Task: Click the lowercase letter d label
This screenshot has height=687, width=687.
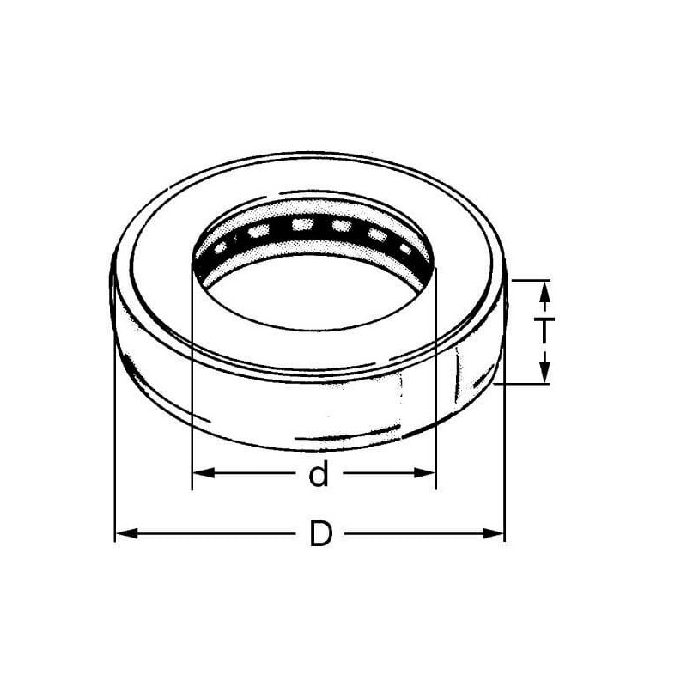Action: tap(319, 473)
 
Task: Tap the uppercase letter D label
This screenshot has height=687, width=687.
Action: tap(320, 533)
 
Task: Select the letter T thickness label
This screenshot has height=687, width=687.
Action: tap(544, 331)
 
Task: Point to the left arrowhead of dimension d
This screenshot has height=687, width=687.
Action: tap(204, 473)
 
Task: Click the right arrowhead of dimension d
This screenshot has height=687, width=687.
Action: tap(424, 473)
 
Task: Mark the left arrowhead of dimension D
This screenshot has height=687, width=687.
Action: tap(126, 533)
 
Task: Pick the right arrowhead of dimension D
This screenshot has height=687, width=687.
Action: tap(493, 533)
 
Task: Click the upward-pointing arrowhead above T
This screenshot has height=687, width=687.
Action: tap(544, 291)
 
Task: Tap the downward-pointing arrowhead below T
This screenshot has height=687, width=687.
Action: tap(544, 373)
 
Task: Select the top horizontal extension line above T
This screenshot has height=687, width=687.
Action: tap(531, 280)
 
